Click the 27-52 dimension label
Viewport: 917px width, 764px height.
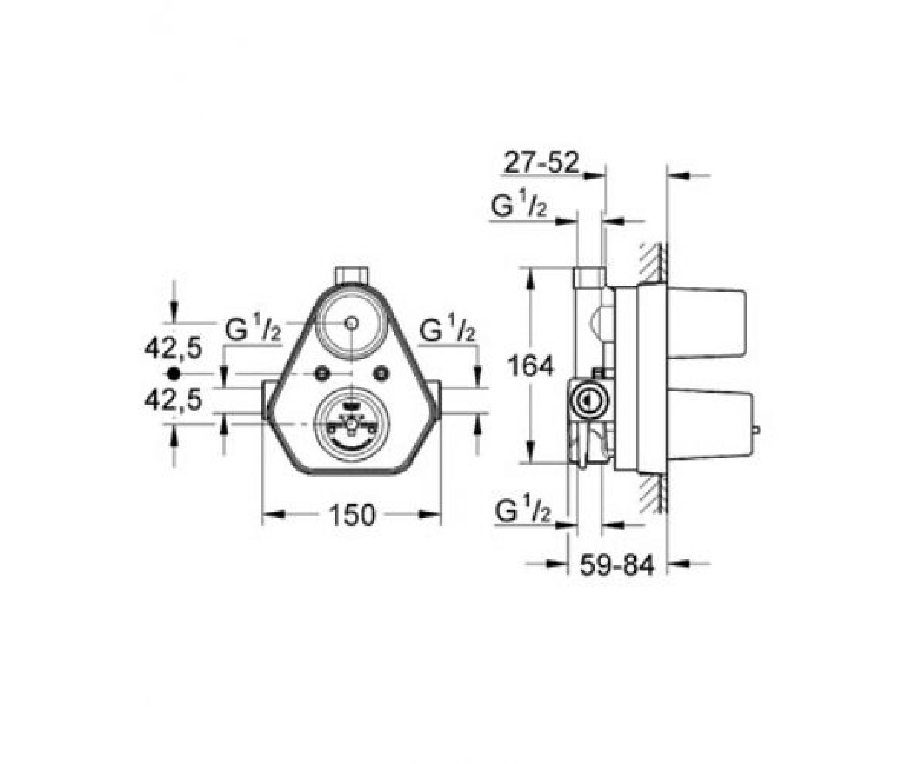(x=542, y=163)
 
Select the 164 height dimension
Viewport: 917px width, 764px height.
(x=530, y=365)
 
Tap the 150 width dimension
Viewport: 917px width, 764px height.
(x=352, y=515)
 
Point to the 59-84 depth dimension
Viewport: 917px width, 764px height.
(x=617, y=565)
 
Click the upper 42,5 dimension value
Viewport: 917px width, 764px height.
(x=173, y=348)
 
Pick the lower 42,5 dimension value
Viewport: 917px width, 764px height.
(x=173, y=400)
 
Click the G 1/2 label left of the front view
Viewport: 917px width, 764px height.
(x=252, y=329)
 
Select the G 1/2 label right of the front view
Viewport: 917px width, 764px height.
(x=447, y=329)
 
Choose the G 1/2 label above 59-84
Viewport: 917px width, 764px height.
(x=523, y=511)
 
